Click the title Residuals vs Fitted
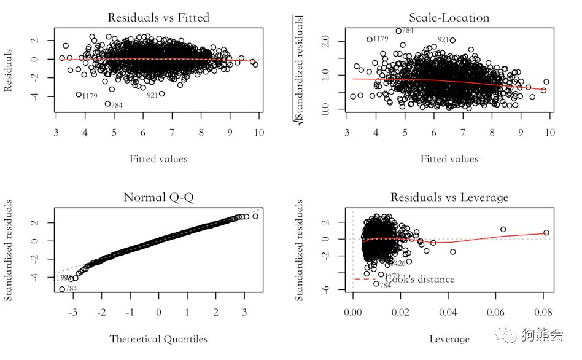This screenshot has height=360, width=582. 158,17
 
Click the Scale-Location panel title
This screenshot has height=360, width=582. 449,17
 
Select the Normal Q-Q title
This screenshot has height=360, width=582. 158,197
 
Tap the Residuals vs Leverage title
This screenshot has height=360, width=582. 449,197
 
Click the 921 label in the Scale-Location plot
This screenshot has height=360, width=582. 443,39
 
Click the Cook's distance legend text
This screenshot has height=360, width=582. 420,280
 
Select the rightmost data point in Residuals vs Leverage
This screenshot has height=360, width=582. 546,233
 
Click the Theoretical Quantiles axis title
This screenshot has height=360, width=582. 158,338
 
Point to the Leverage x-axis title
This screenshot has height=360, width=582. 450,338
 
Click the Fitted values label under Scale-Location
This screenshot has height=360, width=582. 449,159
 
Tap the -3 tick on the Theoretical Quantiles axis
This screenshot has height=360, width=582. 72,313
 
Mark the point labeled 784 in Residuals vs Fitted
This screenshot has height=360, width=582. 107,104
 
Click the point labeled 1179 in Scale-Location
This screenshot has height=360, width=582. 370,39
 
